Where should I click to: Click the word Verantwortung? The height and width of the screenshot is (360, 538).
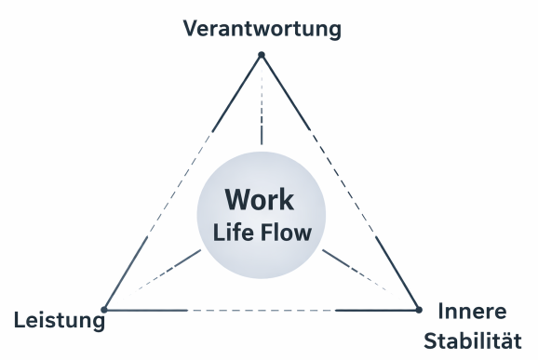click(x=262, y=28)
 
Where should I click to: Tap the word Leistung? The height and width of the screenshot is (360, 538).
click(x=59, y=323)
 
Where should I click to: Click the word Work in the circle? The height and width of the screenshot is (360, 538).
click(x=259, y=199)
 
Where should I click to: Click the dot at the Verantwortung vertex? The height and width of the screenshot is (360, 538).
click(x=262, y=55)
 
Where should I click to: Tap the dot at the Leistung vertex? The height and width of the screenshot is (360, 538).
click(x=104, y=309)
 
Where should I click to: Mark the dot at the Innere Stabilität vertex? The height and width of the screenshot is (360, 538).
click(x=417, y=309)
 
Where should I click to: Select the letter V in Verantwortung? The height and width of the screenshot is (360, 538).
click(x=191, y=28)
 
